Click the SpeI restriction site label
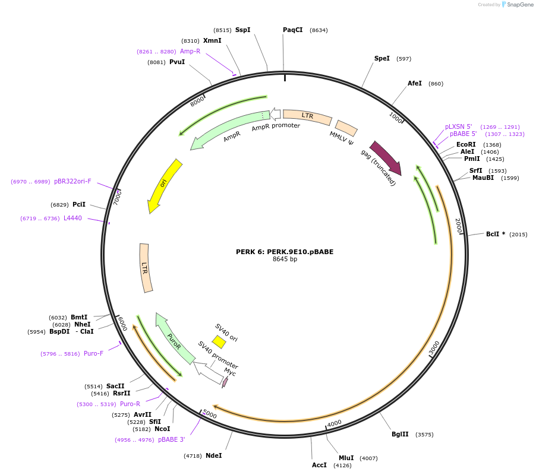point(381,58)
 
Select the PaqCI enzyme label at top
point(292,30)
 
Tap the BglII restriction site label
point(400,434)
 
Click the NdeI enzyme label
point(213,455)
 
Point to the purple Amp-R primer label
point(190,51)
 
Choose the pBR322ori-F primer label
point(72,181)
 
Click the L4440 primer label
point(72,218)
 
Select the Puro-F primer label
point(93,353)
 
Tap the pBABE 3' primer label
point(172,440)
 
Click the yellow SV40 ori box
point(219,341)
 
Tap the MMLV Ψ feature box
point(346,128)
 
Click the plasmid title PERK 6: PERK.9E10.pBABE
point(285,251)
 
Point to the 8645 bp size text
point(285,259)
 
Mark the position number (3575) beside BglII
point(424,435)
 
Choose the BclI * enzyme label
point(496,234)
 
